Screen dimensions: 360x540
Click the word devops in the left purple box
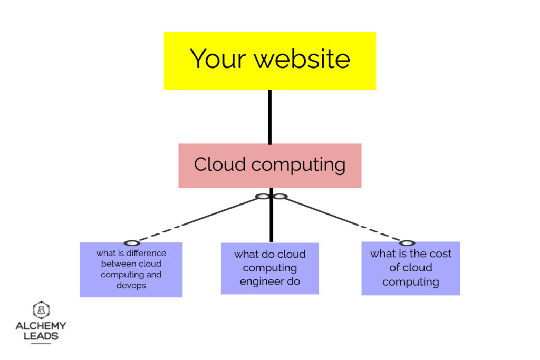(131, 285)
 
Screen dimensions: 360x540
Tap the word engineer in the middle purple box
(262, 281)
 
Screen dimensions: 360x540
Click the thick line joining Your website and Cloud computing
(270, 117)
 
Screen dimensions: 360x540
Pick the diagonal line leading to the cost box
(343, 219)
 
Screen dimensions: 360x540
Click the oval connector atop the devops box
(131, 243)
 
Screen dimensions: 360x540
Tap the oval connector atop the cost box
(407, 243)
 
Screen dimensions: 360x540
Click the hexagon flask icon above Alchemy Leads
(41, 310)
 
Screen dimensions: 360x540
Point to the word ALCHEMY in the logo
(41, 326)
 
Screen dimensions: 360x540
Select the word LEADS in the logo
(41, 336)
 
